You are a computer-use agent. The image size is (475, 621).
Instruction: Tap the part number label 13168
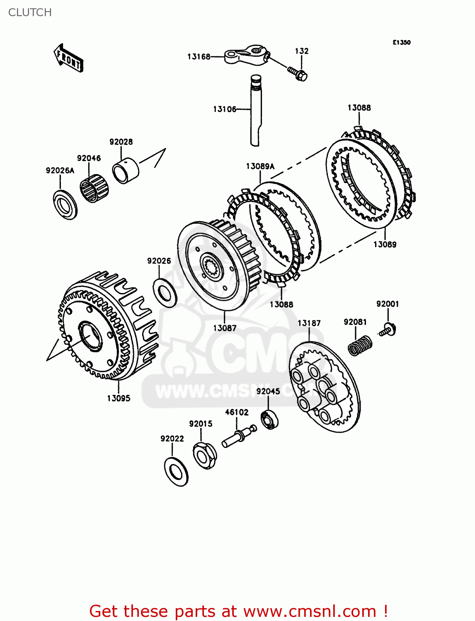(x=199, y=57)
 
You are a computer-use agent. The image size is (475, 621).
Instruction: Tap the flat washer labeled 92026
(x=165, y=293)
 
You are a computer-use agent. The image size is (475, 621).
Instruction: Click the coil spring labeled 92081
(x=359, y=345)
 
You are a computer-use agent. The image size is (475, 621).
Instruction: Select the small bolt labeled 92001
(x=388, y=330)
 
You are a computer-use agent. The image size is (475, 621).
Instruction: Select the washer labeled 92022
(x=176, y=472)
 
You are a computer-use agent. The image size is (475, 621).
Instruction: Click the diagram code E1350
(x=402, y=42)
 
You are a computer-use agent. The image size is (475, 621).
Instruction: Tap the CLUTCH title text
(x=30, y=12)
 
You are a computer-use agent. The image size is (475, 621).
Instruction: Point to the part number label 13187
(x=309, y=323)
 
